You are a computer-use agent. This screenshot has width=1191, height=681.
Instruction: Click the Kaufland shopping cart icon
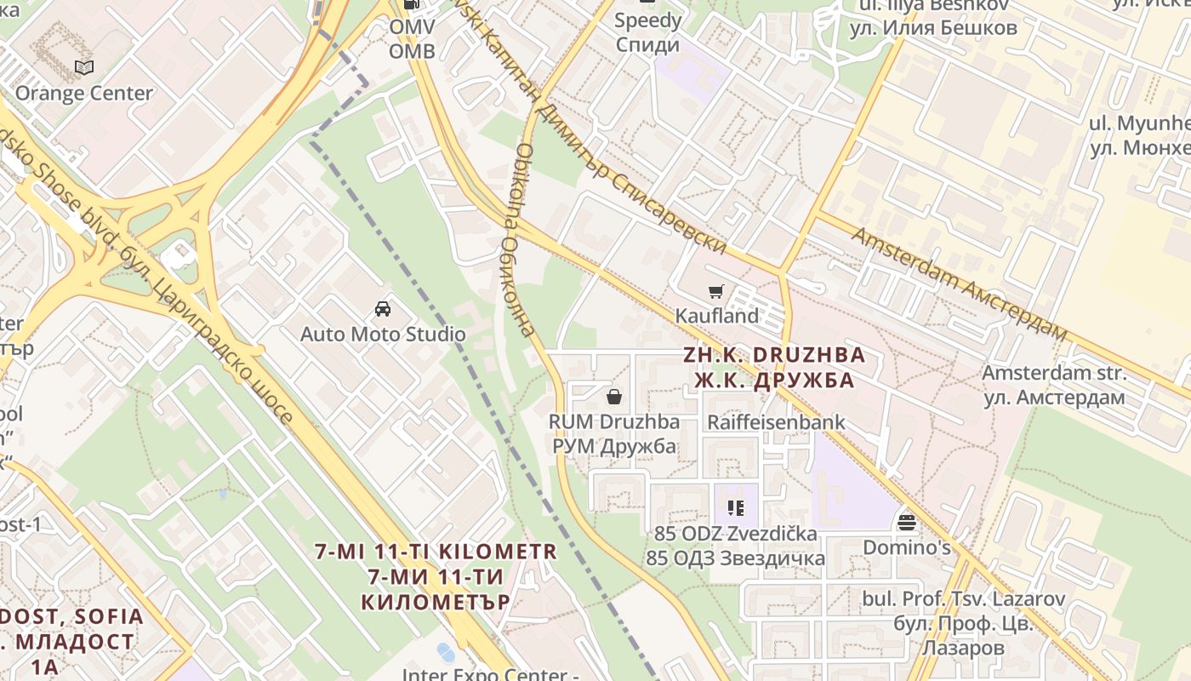point(716,292)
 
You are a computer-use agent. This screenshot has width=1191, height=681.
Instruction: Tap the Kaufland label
point(716,316)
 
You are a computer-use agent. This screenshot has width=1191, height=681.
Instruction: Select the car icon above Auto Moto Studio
point(383,309)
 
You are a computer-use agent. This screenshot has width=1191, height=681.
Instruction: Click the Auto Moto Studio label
point(383,334)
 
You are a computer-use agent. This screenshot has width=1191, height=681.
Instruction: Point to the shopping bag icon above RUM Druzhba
point(613,397)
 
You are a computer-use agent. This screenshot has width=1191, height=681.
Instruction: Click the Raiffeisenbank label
point(777,421)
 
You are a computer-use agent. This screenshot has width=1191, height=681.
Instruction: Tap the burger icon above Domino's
point(906,522)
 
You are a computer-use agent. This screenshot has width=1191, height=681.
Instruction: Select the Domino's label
point(907,547)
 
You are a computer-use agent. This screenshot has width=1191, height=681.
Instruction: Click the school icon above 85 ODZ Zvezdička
point(736,509)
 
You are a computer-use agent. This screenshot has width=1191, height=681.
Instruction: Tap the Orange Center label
point(84,93)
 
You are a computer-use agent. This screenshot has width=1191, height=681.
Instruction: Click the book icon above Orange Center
point(83,67)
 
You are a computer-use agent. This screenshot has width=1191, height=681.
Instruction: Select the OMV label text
point(412,27)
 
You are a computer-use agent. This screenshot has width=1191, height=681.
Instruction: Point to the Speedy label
point(648,20)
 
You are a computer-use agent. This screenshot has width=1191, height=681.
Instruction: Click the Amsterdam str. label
point(1054,373)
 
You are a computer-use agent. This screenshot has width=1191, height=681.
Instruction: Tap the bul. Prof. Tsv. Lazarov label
point(964,598)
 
